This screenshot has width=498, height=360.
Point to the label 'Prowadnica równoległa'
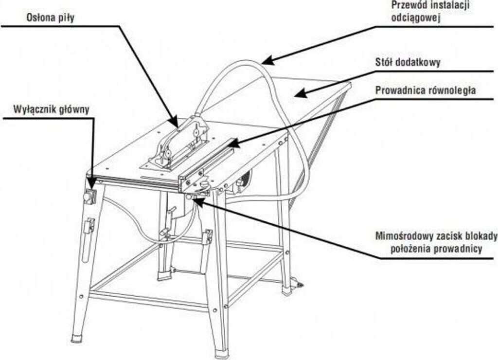(426, 90)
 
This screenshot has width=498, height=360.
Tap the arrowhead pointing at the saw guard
(174, 122)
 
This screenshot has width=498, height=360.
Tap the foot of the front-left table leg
(77, 337)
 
